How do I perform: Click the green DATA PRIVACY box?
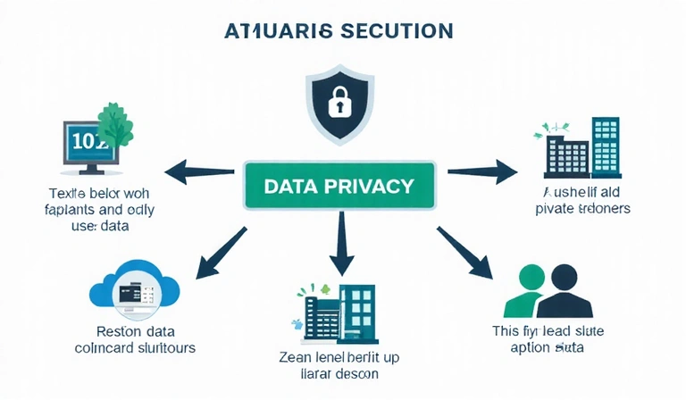tap(339, 186)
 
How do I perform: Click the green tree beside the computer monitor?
tap(113, 130)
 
